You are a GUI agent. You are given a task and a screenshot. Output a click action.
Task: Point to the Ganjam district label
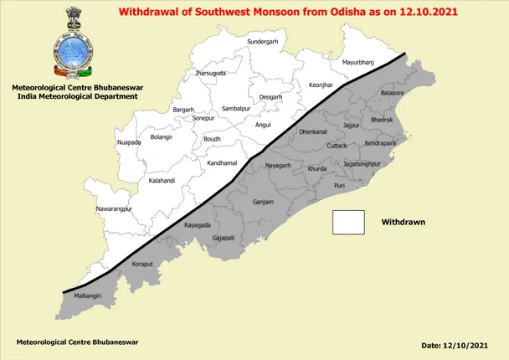263,203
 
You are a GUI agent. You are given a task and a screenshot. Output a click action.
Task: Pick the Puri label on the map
339,185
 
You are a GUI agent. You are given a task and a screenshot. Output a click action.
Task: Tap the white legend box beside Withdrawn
349,223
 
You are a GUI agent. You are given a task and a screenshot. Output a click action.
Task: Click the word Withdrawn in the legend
404,223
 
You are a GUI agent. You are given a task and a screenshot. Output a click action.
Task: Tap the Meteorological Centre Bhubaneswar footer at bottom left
78,342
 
